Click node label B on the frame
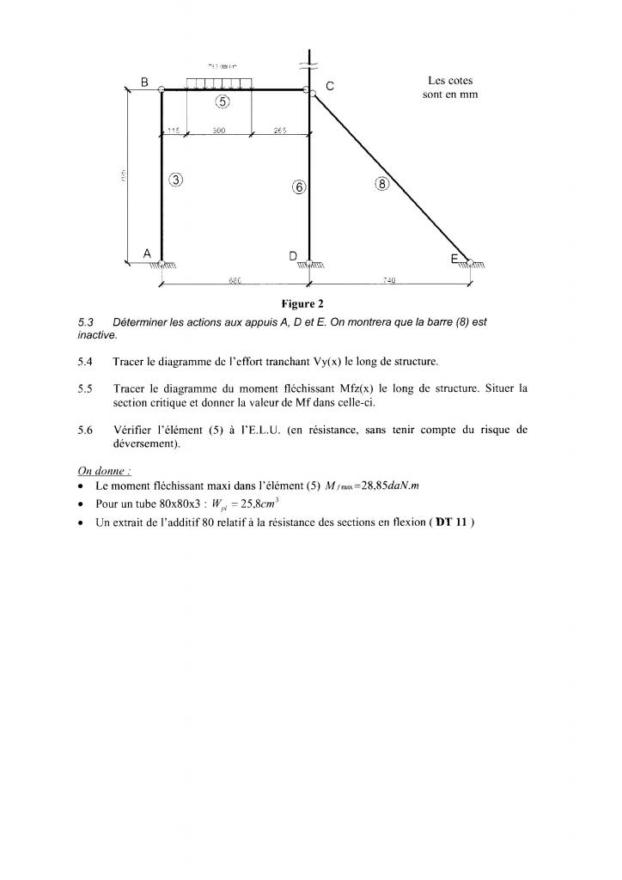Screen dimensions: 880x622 145,82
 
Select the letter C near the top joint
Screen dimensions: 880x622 330,86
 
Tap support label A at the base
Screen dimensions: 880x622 147,254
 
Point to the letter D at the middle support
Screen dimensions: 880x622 294,256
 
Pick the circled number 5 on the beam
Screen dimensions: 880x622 223,102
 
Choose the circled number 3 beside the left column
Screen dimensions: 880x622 176,180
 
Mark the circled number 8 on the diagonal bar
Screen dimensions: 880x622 382,182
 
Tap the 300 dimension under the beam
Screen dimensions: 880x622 218,131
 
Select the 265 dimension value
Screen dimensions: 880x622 280,131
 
